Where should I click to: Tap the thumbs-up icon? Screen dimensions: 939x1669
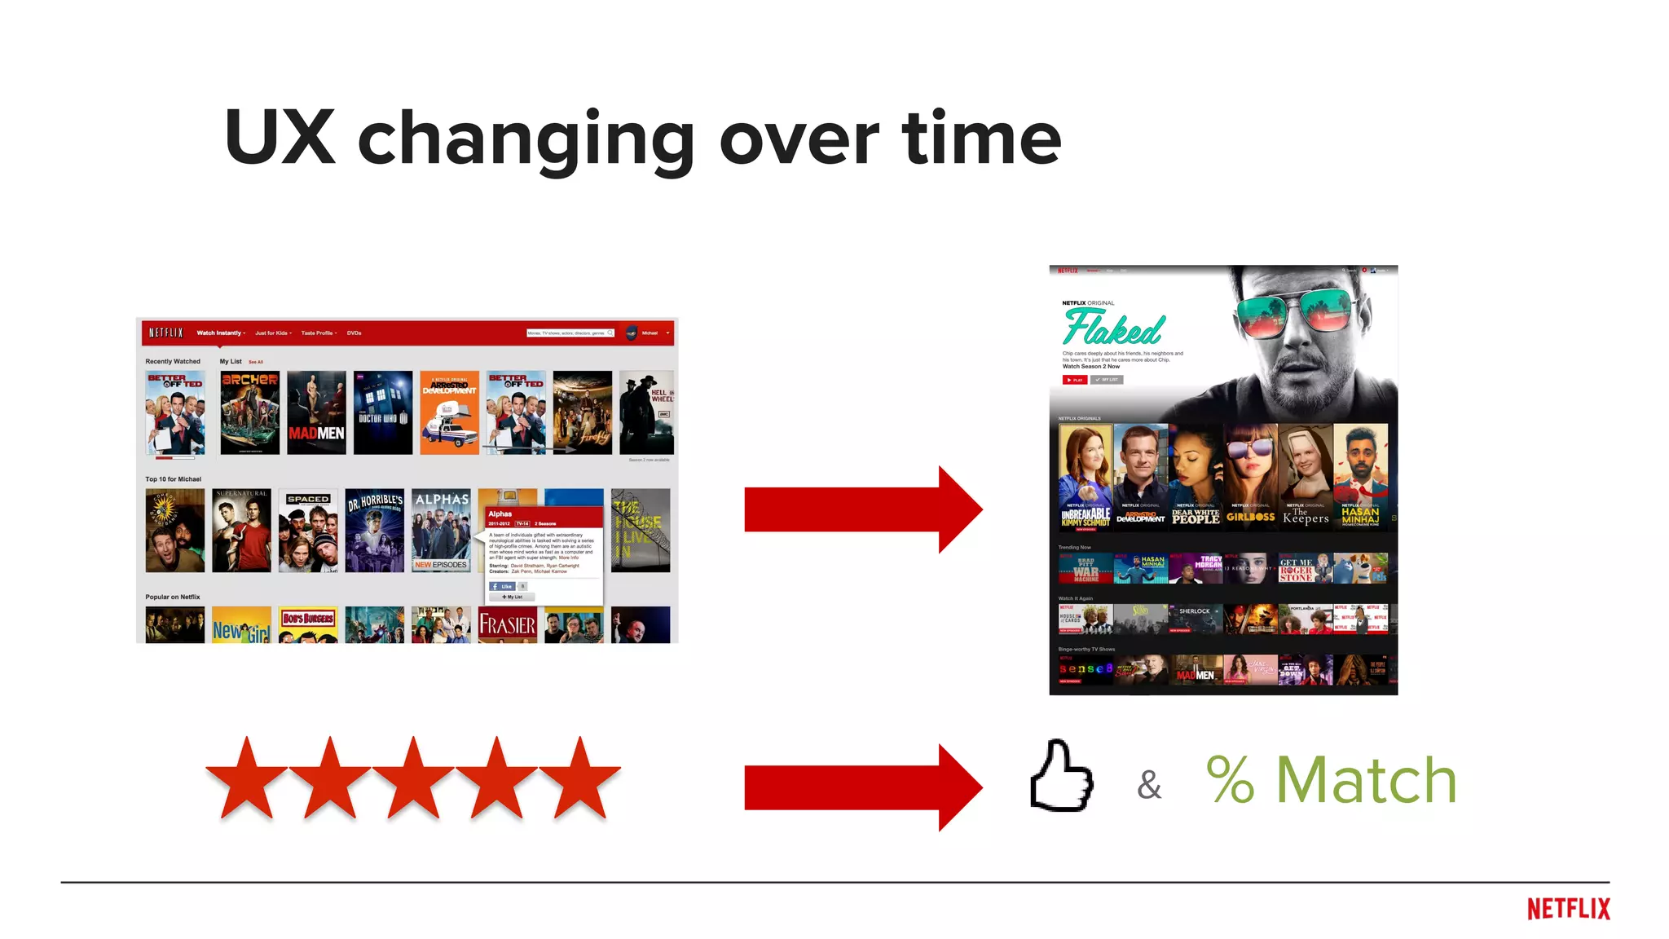pos(1061,777)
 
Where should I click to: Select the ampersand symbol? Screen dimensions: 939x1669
pos(1149,784)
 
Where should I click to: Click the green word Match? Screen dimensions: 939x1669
pos(1366,780)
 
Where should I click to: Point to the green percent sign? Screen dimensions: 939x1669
pos(1230,780)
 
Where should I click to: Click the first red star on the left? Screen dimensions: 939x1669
pos(246,778)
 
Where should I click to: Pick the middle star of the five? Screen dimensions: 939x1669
pos(413,778)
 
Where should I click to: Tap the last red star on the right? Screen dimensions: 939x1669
pos(580,778)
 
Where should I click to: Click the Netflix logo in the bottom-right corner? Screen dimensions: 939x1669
pos(1568,909)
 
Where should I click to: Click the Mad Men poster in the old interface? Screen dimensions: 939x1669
pos(316,412)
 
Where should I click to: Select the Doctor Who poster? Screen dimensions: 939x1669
pos(383,412)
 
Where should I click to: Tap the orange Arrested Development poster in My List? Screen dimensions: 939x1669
pos(449,412)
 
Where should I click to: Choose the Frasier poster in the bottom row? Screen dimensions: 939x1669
pos(507,624)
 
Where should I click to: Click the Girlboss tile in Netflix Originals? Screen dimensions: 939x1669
pos(1250,478)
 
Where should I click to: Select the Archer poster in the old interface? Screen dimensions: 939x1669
pos(249,412)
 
